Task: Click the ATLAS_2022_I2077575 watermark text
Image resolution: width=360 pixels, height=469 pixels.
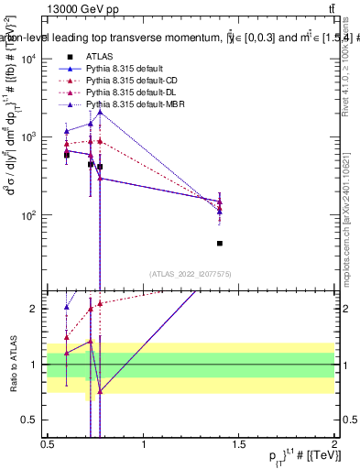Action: (x=191, y=273)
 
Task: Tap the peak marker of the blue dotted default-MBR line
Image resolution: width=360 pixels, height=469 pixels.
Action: (x=100, y=111)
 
